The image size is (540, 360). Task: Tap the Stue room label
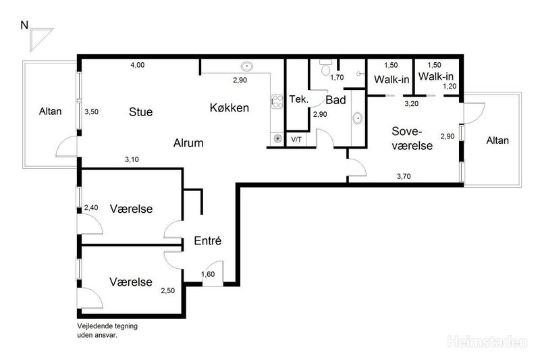point(140,112)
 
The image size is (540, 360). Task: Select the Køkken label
point(230,108)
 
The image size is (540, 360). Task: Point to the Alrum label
point(188,143)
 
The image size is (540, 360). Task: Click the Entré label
point(208,240)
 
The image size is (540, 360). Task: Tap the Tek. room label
point(298,99)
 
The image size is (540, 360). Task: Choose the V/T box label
point(296,140)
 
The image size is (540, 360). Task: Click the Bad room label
point(335,100)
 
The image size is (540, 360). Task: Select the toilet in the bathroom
point(325,67)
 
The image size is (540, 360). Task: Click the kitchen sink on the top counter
point(247,66)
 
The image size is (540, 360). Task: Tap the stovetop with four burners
point(277,101)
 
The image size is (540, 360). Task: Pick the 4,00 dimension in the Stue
point(138,65)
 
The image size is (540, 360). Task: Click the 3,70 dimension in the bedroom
point(404,176)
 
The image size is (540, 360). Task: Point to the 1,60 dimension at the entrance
point(208,274)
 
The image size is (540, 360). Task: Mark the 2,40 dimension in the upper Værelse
point(91,207)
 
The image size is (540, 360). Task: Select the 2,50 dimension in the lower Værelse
point(167,290)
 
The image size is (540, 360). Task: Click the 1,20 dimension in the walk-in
point(450,86)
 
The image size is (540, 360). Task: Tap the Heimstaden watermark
point(487,342)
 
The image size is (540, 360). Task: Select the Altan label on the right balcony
point(497,140)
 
